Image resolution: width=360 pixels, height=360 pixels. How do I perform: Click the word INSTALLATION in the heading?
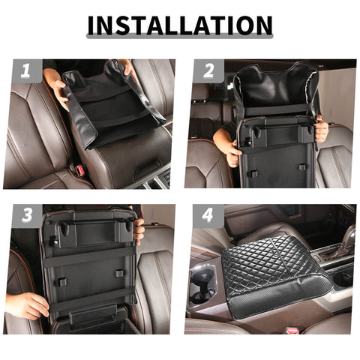tap(179, 25)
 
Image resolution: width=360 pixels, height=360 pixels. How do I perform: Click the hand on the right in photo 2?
tap(321, 130)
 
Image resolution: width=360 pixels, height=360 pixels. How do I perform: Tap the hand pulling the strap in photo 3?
tap(28, 304)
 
